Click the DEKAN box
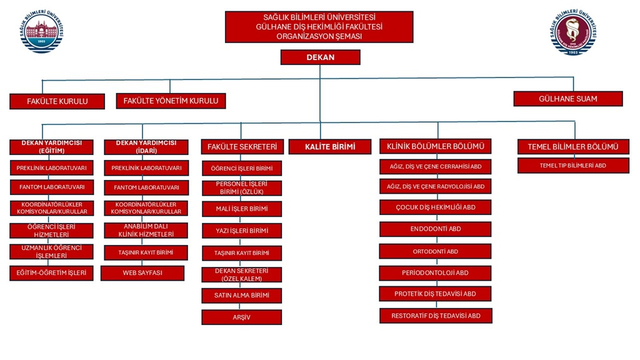coord(320,57)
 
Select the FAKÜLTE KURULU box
coord(57,101)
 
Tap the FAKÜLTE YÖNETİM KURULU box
coord(171,101)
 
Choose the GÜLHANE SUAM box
coord(567,99)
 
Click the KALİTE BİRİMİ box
coord(330,147)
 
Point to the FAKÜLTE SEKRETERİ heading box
coord(241,147)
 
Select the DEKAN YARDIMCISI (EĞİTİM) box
coord(51,147)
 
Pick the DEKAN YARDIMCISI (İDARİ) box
coord(146,147)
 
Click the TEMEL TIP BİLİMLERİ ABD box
coord(573,166)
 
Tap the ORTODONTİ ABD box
coord(435,251)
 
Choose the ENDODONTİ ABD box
coord(435,229)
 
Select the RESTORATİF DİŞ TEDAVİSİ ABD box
coord(435,316)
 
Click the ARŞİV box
coord(241,317)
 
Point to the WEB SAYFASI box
coord(142,273)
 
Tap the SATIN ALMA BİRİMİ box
coord(241,296)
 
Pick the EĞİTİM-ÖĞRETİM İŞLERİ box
coord(51,273)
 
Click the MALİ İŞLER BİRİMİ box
coord(241,209)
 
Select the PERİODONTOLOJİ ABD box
coord(435,273)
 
